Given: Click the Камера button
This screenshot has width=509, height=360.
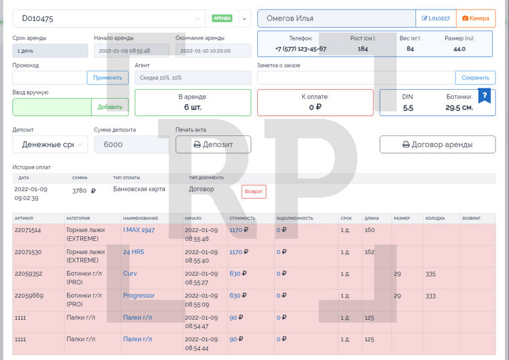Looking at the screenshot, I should [476, 18].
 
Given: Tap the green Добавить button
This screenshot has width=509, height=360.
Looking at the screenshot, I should [110, 107].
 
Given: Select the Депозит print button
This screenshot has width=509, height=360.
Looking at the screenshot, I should [213, 144].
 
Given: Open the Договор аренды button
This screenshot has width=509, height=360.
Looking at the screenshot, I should [438, 144].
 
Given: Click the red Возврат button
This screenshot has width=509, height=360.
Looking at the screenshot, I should [254, 192].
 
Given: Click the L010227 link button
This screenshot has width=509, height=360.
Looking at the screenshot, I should [436, 18].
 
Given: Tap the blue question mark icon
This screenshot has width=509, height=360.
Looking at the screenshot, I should [485, 95].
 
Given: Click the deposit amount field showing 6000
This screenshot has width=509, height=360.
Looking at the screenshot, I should [131, 144].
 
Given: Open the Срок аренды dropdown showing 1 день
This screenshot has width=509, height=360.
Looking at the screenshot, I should [50, 50].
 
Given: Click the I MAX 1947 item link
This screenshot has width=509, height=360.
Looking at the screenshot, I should [138, 230].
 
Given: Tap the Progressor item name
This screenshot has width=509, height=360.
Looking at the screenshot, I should [138, 295].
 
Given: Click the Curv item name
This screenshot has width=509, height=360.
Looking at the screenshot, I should [129, 274].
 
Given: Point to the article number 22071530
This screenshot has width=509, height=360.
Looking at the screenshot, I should [28, 252].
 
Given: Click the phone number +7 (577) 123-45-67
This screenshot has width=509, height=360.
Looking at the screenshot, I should [301, 49].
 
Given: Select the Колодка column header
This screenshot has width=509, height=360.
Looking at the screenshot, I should [435, 218].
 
